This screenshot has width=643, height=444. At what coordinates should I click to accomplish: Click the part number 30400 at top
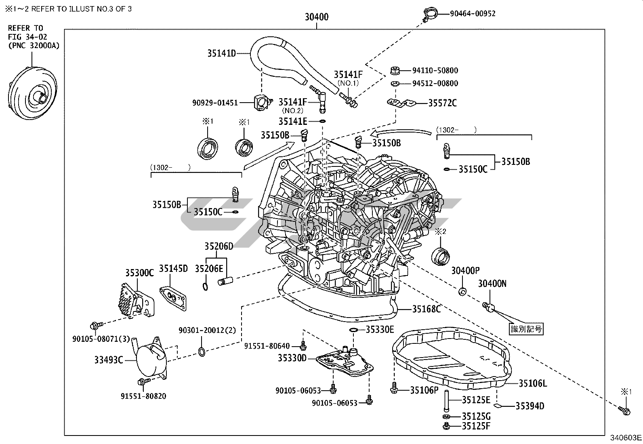316,17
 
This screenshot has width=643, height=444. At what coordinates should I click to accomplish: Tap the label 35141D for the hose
221,53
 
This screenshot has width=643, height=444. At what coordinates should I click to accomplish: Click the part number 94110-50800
435,70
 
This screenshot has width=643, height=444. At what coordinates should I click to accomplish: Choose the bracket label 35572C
442,103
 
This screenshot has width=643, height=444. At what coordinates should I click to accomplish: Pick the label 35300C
139,273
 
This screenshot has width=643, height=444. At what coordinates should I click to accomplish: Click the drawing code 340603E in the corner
626,438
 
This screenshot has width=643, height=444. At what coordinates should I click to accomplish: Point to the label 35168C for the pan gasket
426,309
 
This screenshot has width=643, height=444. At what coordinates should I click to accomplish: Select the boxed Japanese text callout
526,329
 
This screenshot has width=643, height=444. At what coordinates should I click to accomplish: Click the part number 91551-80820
143,396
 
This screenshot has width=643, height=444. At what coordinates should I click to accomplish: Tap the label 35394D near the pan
530,406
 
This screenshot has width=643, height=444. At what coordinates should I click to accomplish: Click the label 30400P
465,271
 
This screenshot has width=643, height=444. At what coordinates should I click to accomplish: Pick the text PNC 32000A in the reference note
34,46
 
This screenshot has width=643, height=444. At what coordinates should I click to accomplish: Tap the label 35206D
219,246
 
